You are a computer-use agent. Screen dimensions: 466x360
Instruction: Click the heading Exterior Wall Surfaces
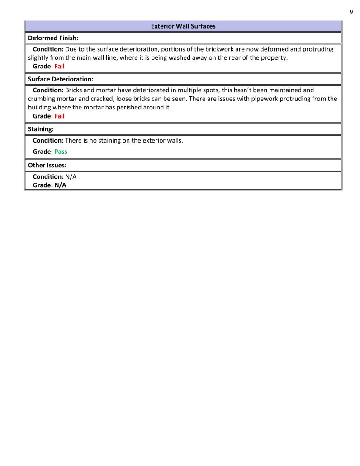pyautogui.click(x=183, y=26)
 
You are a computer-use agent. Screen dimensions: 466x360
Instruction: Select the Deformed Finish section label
pyautogui.click(x=53, y=38)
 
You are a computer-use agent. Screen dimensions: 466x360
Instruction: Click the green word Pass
pyautogui.click(x=61, y=152)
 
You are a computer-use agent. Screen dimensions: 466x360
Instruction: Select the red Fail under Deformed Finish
pyautogui.click(x=59, y=66)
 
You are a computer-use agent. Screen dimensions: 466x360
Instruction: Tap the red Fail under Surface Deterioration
pyautogui.click(x=59, y=116)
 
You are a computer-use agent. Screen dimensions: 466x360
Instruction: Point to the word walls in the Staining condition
pyautogui.click(x=174, y=140)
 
